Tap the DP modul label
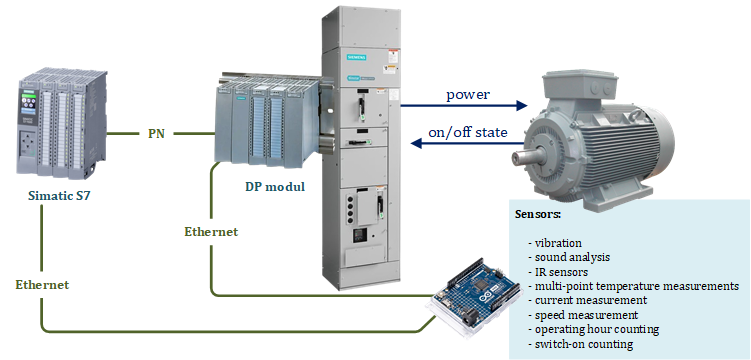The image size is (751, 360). click(275, 186)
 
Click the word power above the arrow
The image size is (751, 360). click(468, 94)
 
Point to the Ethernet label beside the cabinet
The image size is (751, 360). click(211, 232)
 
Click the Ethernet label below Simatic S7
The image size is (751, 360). click(42, 284)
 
